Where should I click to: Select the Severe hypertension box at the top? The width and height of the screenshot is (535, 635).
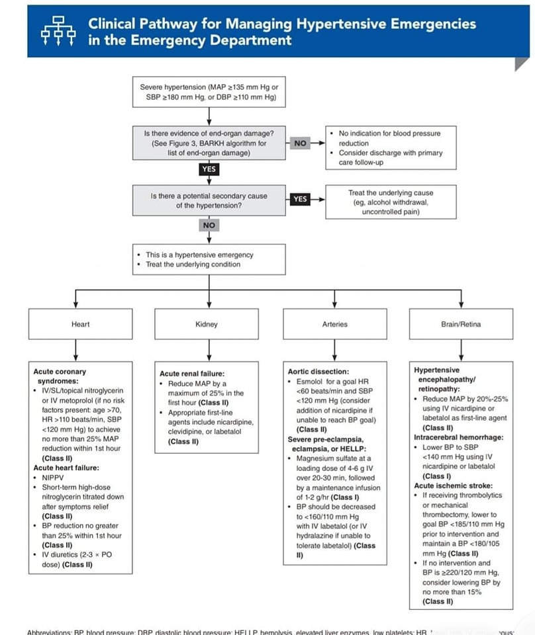coord(209,93)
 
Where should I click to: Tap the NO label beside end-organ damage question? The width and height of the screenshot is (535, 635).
coord(301,142)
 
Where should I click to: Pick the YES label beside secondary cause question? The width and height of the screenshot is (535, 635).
coord(301,198)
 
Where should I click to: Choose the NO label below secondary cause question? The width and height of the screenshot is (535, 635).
coord(209,226)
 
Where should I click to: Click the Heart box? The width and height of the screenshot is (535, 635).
coord(80,324)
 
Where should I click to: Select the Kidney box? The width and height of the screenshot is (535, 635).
coord(207,324)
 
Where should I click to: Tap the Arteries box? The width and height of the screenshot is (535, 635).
coord(334,324)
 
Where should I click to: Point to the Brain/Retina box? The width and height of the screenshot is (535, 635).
coord(461,324)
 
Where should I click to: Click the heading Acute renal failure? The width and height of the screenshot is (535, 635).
coord(192,374)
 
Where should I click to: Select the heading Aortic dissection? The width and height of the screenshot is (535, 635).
coord(318,372)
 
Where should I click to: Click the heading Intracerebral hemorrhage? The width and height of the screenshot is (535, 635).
coord(458,437)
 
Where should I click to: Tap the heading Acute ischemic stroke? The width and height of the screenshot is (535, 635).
coord(448,486)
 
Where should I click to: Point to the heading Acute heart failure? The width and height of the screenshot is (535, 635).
coord(64,468)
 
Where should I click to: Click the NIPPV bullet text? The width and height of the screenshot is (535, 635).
coord(53,478)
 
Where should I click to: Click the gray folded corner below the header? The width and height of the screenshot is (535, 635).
coord(522,64)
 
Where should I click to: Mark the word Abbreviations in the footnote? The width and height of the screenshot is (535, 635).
coord(49,632)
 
